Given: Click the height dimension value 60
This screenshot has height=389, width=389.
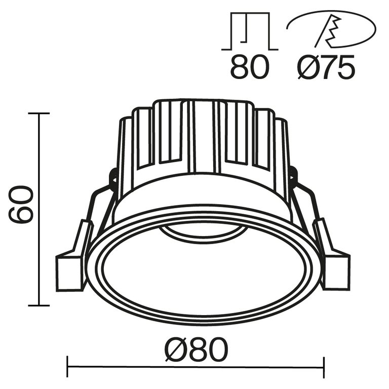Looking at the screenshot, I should pos(21,205).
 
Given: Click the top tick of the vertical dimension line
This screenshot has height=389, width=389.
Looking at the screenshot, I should pos(39,113).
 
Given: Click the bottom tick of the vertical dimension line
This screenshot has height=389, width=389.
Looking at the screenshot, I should pos(39,305).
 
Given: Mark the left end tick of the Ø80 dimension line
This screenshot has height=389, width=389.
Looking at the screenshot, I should pos(68,363).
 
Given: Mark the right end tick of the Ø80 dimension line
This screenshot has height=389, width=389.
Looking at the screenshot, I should pos(324,363).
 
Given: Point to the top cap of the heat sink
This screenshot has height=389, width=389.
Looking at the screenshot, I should pos(203,101).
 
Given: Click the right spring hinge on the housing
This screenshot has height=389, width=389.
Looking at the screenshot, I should pos(293,175).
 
